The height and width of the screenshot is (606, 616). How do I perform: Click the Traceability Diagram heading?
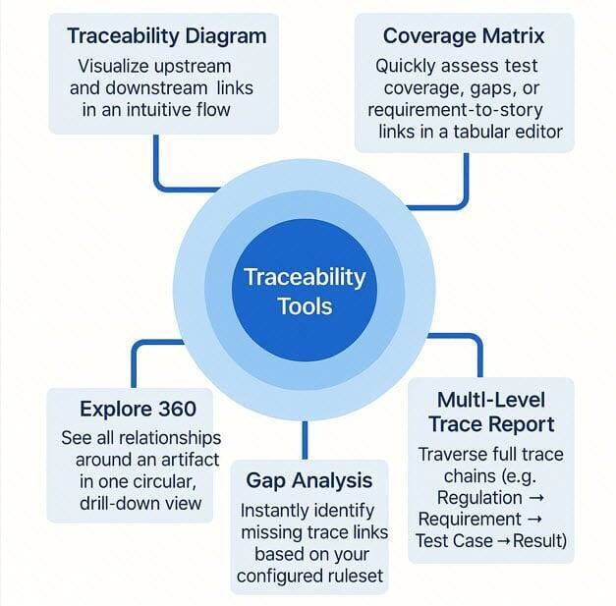tap(166, 36)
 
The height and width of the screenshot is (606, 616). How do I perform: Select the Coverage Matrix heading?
tap(464, 36)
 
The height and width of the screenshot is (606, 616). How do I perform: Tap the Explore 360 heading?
tap(138, 408)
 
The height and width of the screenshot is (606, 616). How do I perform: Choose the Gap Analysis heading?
tap(308, 480)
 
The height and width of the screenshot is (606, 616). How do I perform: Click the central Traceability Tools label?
tap(304, 291)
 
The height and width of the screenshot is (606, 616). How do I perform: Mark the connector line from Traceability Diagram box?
tap(157, 162)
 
